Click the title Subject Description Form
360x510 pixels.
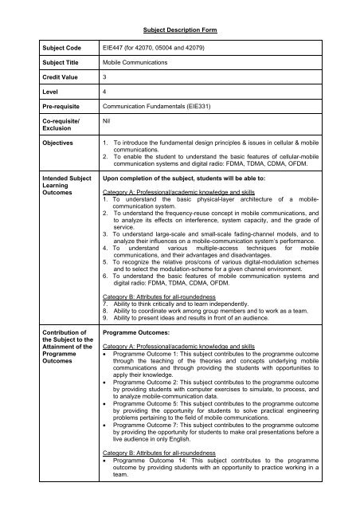pos(181,29)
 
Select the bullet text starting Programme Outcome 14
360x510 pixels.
pos(231,487)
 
